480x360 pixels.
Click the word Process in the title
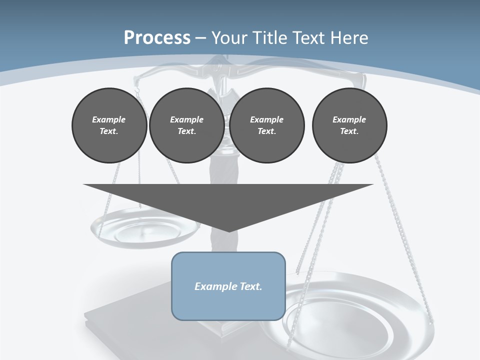(157, 37)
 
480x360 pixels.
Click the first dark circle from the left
(109, 125)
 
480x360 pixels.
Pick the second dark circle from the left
(186, 125)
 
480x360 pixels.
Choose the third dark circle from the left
(266, 125)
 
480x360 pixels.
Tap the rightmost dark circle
(349, 125)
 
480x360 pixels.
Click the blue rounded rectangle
(228, 286)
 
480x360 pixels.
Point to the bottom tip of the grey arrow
(228, 231)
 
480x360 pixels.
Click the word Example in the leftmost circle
(109, 119)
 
